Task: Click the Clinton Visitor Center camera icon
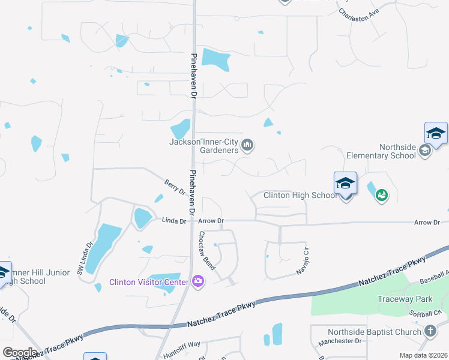click(x=199, y=281)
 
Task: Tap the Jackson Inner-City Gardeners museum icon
click(x=247, y=145)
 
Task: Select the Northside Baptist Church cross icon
click(x=430, y=331)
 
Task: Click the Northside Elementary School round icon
click(x=426, y=151)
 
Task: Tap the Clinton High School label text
click(x=300, y=195)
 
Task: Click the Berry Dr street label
click(x=175, y=187)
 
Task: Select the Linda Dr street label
click(x=175, y=221)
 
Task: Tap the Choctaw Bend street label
click(x=206, y=250)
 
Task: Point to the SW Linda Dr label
click(x=84, y=259)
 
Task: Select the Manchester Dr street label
click(x=341, y=341)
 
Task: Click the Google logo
click(x=20, y=352)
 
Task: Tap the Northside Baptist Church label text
click(x=375, y=332)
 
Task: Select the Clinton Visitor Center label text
click(x=149, y=282)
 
